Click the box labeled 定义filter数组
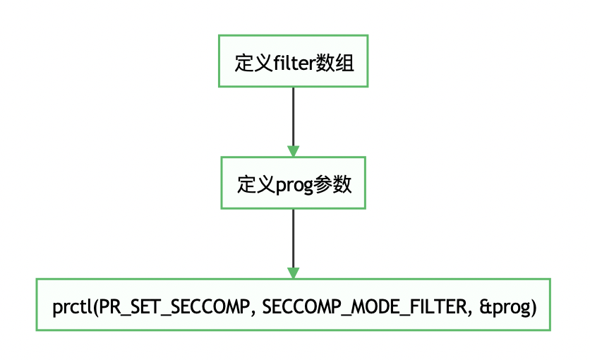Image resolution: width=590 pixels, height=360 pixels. click(293, 61)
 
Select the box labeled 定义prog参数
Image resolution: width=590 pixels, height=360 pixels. click(293, 182)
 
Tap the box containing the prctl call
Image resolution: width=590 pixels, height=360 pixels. click(293, 304)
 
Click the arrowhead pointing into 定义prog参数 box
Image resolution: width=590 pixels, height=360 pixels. click(293, 150)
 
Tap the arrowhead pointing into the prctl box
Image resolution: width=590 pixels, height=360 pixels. click(293, 272)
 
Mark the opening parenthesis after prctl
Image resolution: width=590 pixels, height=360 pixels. click(94, 307)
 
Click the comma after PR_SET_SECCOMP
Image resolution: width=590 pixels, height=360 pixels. click(246, 312)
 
